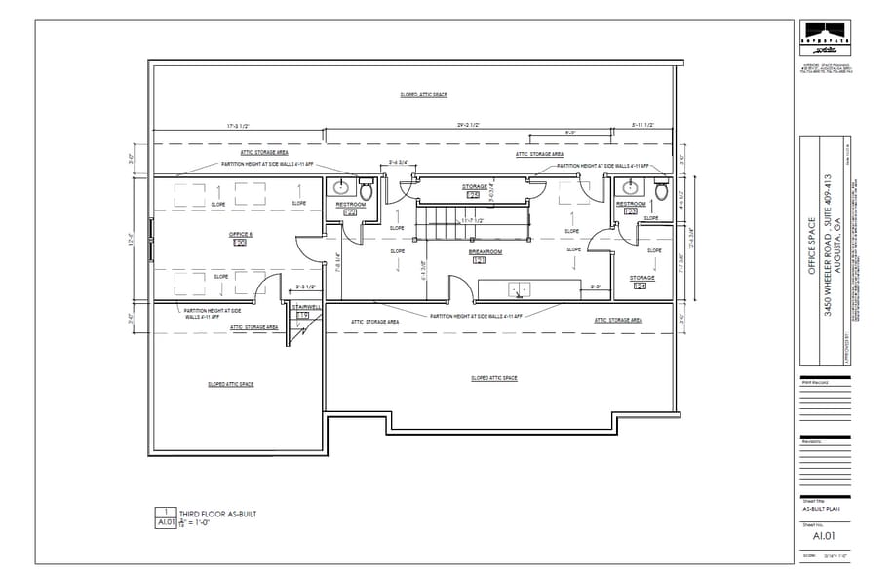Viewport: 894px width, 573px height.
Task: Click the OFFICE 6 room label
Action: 241,235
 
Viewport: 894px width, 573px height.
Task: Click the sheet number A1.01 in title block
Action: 824,534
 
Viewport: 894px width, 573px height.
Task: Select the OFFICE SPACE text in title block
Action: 811,256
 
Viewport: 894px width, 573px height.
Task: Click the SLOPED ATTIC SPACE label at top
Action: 423,95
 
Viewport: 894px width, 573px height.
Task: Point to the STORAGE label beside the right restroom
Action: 641,278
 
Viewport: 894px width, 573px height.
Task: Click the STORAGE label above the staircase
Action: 475,186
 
